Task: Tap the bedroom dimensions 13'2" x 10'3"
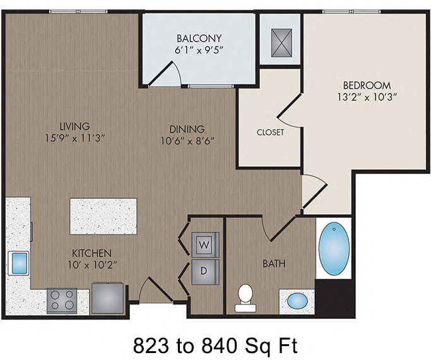367,97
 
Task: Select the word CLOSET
270,133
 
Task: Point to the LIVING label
74,126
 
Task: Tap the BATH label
274,263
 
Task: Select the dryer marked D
204,270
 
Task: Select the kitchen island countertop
103,216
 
